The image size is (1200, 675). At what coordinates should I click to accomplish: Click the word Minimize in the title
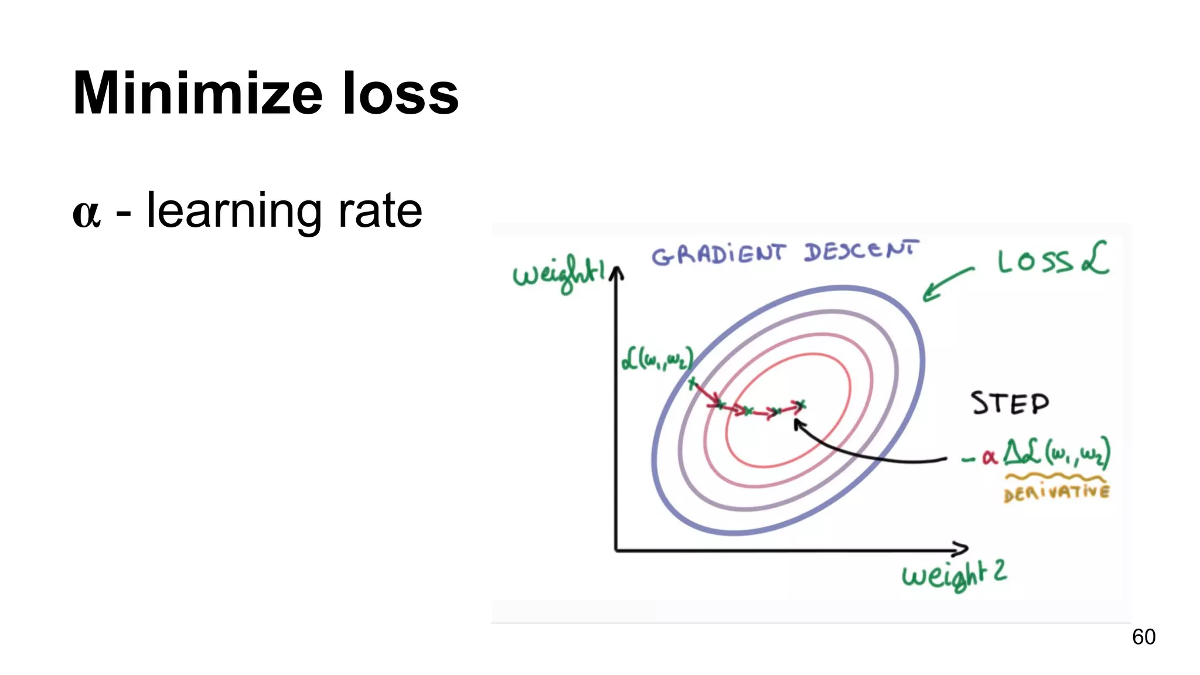click(x=197, y=94)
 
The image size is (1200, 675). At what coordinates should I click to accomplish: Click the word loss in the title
click(x=400, y=94)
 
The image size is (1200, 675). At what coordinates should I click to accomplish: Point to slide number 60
click(x=1143, y=637)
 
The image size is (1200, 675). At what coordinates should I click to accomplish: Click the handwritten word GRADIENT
click(x=718, y=254)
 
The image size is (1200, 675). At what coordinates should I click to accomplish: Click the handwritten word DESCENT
click(x=861, y=252)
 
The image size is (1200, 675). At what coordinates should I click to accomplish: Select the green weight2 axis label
click(x=954, y=574)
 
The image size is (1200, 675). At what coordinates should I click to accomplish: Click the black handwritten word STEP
click(x=1010, y=404)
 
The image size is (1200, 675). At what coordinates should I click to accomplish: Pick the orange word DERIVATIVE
click(x=1056, y=492)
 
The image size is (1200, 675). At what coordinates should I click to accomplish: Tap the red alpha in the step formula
click(x=989, y=457)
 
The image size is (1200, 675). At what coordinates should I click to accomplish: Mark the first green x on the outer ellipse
click(x=693, y=384)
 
